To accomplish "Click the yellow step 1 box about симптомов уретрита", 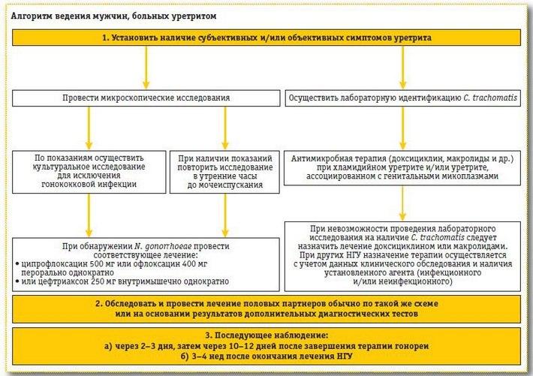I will [x=266, y=37].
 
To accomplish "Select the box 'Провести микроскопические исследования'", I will [x=146, y=98].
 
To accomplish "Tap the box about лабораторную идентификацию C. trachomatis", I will [x=402, y=98].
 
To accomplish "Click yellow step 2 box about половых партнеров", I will [x=266, y=308].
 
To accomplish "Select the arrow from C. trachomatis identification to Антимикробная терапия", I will [x=402, y=128].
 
